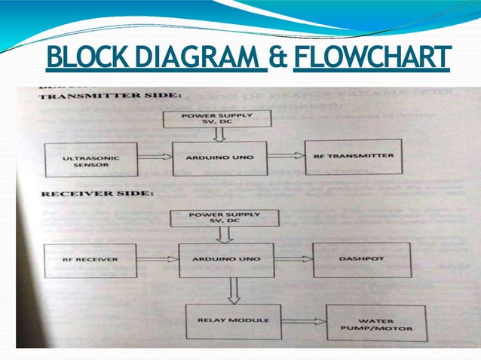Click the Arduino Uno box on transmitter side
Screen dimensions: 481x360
(219, 158)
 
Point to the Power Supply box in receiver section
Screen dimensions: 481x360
(225, 218)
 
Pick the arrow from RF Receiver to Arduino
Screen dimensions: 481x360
(158, 259)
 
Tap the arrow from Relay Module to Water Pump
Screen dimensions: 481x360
(302, 322)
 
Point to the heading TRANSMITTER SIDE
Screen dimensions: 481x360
(109, 96)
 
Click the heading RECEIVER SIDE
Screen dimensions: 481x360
(97, 194)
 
